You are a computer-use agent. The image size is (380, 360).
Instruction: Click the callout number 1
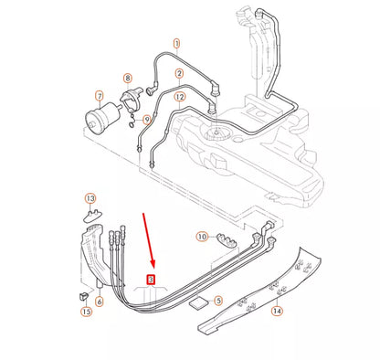(x=176, y=43)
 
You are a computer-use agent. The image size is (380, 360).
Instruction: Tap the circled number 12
(x=179, y=97)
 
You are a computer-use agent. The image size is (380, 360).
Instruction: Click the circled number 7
(x=99, y=94)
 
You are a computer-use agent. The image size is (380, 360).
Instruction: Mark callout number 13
(x=90, y=197)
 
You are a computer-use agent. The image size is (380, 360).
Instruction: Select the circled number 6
(x=99, y=301)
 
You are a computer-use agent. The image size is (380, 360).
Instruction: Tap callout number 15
(x=87, y=312)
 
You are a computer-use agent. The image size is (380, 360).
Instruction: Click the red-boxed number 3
(x=152, y=280)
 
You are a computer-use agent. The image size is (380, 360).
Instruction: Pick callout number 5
(x=217, y=300)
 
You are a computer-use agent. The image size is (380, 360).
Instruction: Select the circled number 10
(x=202, y=237)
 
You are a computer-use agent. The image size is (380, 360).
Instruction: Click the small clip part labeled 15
(x=80, y=296)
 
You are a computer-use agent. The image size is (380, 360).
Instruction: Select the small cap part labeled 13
(x=93, y=216)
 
